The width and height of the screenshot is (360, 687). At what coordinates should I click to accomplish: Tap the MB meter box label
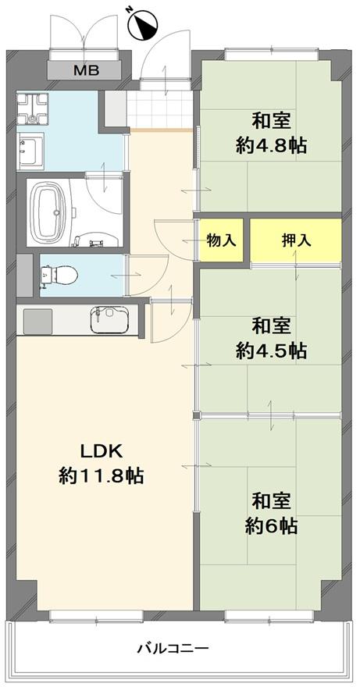click(86, 69)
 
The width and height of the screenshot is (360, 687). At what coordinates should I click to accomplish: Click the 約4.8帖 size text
click(270, 145)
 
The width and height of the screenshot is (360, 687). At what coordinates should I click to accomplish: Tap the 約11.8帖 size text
click(102, 475)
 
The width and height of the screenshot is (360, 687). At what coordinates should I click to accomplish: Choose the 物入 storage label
click(222, 240)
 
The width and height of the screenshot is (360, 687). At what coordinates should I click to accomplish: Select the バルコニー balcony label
click(173, 647)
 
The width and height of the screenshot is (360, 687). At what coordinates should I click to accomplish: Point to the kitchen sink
click(109, 319)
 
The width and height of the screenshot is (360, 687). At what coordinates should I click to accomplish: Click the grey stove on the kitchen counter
click(37, 319)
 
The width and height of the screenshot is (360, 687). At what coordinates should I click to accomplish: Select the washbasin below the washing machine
click(31, 150)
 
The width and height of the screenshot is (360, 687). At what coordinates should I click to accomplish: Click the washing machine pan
click(32, 109)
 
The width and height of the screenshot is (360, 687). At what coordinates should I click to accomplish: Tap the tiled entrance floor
click(159, 109)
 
